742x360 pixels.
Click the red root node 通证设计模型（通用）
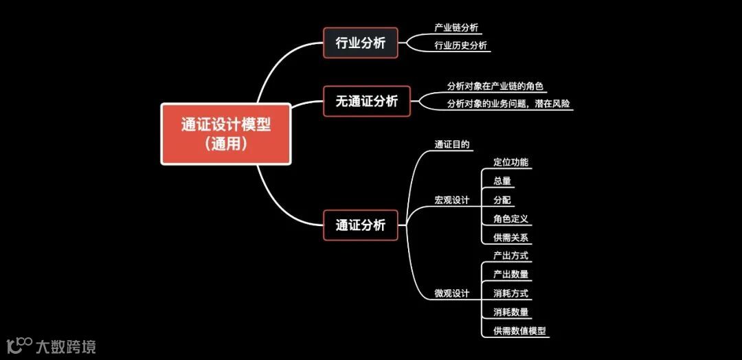(226, 134)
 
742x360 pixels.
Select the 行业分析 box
(361, 43)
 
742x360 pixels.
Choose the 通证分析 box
(361, 225)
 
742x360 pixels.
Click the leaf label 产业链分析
(456, 27)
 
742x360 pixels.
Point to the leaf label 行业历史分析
(460, 45)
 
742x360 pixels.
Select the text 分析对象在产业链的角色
(495, 86)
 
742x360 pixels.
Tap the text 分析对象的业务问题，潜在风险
(509, 104)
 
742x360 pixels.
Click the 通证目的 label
(452, 145)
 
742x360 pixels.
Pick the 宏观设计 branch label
(451, 200)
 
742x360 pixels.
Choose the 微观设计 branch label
(451, 293)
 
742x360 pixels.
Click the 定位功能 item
(510, 163)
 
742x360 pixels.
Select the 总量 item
(502, 181)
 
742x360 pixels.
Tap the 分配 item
(502, 200)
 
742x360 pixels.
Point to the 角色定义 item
(510, 219)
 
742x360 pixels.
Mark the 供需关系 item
(510, 238)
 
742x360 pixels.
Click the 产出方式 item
(510, 256)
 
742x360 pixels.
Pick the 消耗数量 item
(510, 312)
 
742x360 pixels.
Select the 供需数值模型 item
(519, 331)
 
